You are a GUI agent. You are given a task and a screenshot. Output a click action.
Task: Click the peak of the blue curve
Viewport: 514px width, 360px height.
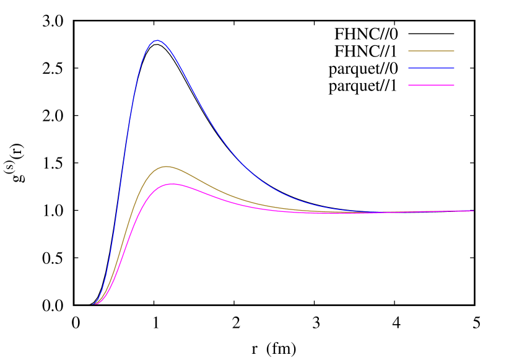[157, 40]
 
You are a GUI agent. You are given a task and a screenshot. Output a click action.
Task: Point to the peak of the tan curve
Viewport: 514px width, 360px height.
[165, 167]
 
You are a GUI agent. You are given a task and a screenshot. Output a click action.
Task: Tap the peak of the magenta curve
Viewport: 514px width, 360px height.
[170, 184]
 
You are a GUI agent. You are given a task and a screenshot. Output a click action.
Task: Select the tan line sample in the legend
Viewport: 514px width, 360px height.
[431, 51]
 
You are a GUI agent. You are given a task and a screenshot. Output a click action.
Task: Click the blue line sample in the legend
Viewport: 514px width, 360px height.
[431, 68]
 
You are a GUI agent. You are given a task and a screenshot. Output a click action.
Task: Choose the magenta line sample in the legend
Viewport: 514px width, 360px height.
[431, 85]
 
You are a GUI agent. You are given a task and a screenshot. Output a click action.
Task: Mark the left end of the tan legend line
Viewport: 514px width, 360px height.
[409, 51]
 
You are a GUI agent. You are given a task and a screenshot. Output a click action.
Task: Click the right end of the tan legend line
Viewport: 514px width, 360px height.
[454, 51]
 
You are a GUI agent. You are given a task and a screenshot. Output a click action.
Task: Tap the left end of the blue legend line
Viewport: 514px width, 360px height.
[409, 68]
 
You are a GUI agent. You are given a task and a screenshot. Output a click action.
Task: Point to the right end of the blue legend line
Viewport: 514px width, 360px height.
[454, 68]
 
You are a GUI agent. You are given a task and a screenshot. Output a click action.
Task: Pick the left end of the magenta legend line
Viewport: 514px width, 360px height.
[409, 85]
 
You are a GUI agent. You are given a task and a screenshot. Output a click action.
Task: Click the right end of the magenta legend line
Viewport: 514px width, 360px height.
[454, 85]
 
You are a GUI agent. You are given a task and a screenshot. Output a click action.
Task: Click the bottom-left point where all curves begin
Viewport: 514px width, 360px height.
[94, 304]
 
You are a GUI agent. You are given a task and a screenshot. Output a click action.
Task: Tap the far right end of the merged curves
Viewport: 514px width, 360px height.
[474, 211]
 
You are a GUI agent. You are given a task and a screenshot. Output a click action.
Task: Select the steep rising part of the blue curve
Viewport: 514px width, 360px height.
[124, 155]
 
